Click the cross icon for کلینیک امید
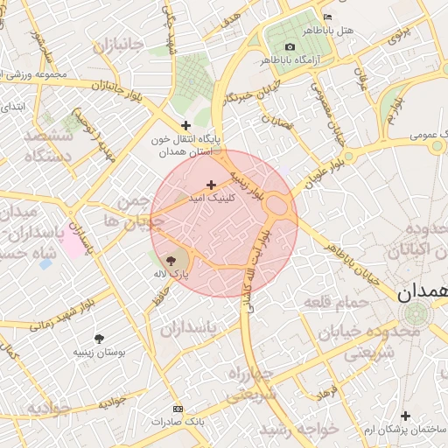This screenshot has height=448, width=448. pos(211,185)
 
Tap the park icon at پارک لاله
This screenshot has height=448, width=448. pos(171,260)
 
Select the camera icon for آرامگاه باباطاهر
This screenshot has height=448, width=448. pos(290,46)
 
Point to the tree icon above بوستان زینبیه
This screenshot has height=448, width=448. pos(98,338)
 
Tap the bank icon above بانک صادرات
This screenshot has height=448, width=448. pos(178,409)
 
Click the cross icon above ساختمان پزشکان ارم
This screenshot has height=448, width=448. pos(404,416)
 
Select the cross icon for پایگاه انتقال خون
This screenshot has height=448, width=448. pos(185,125)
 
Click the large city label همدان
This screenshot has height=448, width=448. pos(422,293)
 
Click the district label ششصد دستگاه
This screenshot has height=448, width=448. pos(45,146)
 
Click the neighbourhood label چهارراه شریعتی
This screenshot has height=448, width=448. pos(252,385)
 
